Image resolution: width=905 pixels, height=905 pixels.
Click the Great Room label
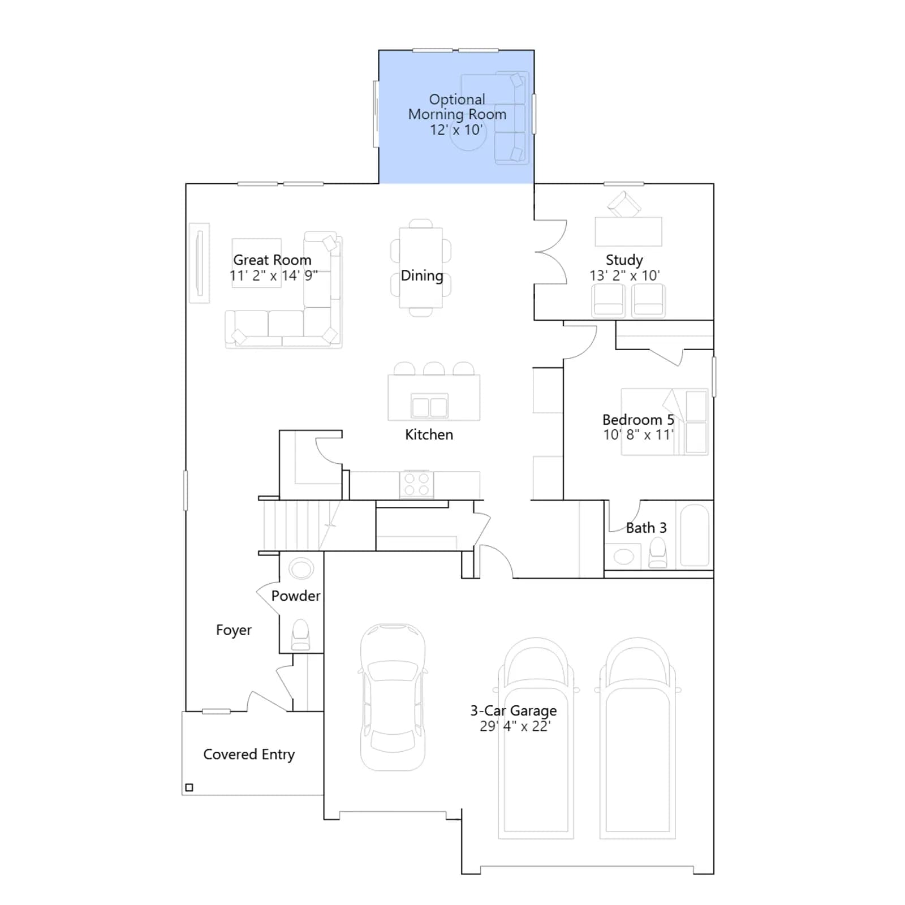(272, 260)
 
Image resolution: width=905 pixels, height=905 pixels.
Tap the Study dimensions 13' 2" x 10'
(624, 275)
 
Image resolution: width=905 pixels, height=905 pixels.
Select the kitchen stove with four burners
(416, 485)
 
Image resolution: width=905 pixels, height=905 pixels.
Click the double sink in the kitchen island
(429, 406)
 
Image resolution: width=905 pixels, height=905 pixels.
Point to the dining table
(421, 268)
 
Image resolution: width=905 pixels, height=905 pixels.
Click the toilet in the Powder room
(300, 635)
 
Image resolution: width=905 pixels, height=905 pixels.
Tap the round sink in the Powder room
(301, 568)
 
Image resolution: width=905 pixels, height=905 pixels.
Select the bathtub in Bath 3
(695, 535)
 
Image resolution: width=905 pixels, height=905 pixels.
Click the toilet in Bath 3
(657, 553)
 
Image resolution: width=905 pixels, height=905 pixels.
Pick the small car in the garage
(393, 697)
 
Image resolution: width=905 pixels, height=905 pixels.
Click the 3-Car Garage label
(514, 710)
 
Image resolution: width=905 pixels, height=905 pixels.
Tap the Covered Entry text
(249, 755)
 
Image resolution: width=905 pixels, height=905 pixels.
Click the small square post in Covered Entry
(189, 787)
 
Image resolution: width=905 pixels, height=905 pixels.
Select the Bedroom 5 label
(638, 420)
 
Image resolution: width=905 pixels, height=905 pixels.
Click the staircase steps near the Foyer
(300, 525)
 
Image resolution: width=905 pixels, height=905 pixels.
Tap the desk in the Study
(628, 231)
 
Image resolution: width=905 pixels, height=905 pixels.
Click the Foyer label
(234, 630)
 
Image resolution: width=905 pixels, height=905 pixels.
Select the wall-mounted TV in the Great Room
(199, 263)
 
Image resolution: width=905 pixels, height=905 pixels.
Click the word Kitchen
(429, 434)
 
